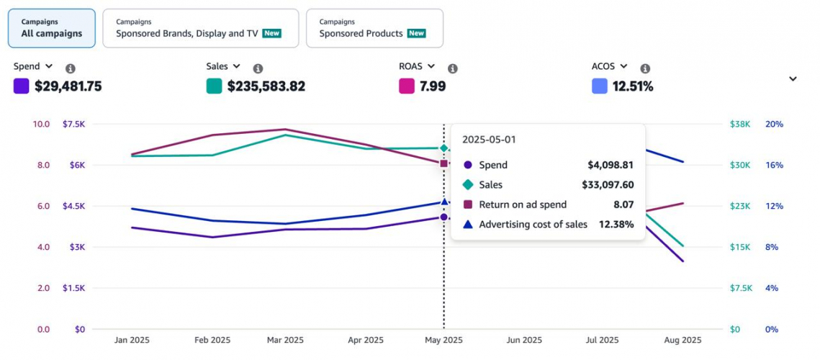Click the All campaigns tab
tap(51, 28)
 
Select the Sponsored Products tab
tap(374, 28)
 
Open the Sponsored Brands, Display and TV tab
tap(199, 28)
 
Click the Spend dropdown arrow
tap(49, 66)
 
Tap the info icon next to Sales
tap(258, 68)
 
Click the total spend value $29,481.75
tap(68, 86)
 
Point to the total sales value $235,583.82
tap(266, 86)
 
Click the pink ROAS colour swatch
tap(407, 86)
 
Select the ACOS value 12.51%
tap(632, 86)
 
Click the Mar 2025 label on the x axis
tap(285, 340)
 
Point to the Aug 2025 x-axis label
tap(682, 340)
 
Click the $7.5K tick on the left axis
tap(74, 124)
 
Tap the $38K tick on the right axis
tap(740, 124)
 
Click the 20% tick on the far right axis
tap(774, 124)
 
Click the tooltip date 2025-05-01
tap(489, 140)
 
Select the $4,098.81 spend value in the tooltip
tap(611, 165)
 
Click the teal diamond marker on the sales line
tap(444, 148)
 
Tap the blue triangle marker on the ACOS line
tap(444, 202)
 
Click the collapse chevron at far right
tap(793, 79)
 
